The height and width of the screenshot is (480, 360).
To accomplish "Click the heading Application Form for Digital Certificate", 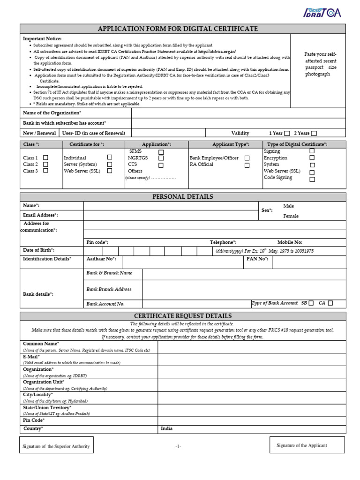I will (183, 29).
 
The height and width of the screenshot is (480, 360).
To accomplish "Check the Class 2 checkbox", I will (45, 165).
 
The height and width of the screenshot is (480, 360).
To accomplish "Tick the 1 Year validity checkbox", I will (287, 133).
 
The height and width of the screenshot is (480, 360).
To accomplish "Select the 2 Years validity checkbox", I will (314, 133).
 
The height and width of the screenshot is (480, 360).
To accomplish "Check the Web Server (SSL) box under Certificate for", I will (110, 171).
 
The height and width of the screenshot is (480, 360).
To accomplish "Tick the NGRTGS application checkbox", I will (161, 158).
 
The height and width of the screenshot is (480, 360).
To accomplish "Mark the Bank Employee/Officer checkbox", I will (247, 158).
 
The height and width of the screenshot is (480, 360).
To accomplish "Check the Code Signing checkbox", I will (312, 179).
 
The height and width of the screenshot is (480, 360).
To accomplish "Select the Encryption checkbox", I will (312, 158).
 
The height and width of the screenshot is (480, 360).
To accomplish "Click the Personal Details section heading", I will (183, 197).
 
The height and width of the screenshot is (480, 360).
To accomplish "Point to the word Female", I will (291, 217).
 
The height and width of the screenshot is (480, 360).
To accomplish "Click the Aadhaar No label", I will (101, 259).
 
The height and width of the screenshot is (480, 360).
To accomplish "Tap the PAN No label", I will (257, 259).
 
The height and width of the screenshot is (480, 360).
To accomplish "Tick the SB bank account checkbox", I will (311, 303).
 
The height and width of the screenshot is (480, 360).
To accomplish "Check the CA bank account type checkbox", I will (330, 303).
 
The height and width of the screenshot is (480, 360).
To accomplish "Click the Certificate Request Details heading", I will (183, 316).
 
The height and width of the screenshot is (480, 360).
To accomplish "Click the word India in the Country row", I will (167, 428).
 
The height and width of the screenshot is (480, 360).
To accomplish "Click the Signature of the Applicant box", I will (307, 445).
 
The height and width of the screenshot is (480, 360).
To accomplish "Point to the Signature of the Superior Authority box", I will (56, 446).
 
